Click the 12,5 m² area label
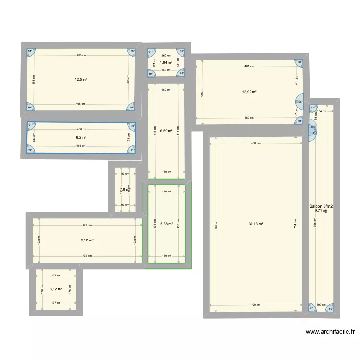pyautogui.click(x=81, y=80)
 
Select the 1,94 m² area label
pyautogui.click(x=166, y=62)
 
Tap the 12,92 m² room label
pyautogui.click(x=250, y=92)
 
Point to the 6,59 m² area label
pyautogui.click(x=166, y=130)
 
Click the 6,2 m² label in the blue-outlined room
pyautogui.click(x=81, y=137)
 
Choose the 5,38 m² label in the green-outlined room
pyautogui.click(x=166, y=224)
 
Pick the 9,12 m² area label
pyautogui.click(x=87, y=241)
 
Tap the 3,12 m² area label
pyautogui.click(x=56, y=289)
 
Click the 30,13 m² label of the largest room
pyautogui.click(x=255, y=224)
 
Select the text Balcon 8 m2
pyautogui.click(x=321, y=206)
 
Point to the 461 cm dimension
pyautogui.click(x=249, y=67)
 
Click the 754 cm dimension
pyautogui.click(x=295, y=224)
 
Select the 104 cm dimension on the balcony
pyautogui.click(x=322, y=111)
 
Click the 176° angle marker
pyautogui.click(x=300, y=102)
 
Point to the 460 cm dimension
pyautogui.click(x=249, y=118)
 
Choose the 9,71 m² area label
pyautogui.click(x=320, y=211)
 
